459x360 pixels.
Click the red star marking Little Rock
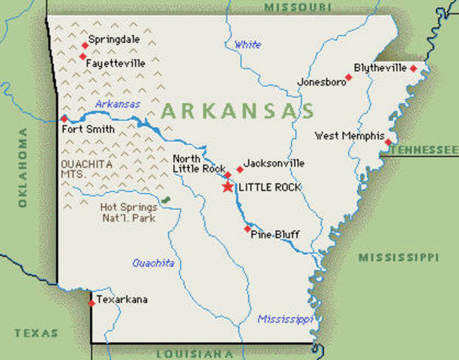click(x=227, y=186)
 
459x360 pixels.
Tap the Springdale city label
click(x=115, y=39)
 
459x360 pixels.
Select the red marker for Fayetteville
click(x=82, y=56)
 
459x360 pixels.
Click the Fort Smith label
click(x=89, y=129)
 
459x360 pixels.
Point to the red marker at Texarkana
click(x=91, y=303)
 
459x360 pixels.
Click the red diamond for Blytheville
click(x=413, y=68)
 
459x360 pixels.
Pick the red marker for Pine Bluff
click(x=247, y=229)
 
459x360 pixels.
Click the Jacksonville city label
click(x=274, y=163)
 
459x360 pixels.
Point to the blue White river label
click(x=247, y=45)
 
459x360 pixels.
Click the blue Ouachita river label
click(x=153, y=263)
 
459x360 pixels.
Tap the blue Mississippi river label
click(x=285, y=319)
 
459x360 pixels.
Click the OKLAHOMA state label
click(x=22, y=167)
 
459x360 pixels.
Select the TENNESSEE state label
click(x=424, y=150)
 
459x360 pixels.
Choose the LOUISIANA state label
click(x=195, y=353)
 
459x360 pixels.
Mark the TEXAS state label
click(x=34, y=332)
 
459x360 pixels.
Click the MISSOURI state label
click(x=298, y=7)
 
